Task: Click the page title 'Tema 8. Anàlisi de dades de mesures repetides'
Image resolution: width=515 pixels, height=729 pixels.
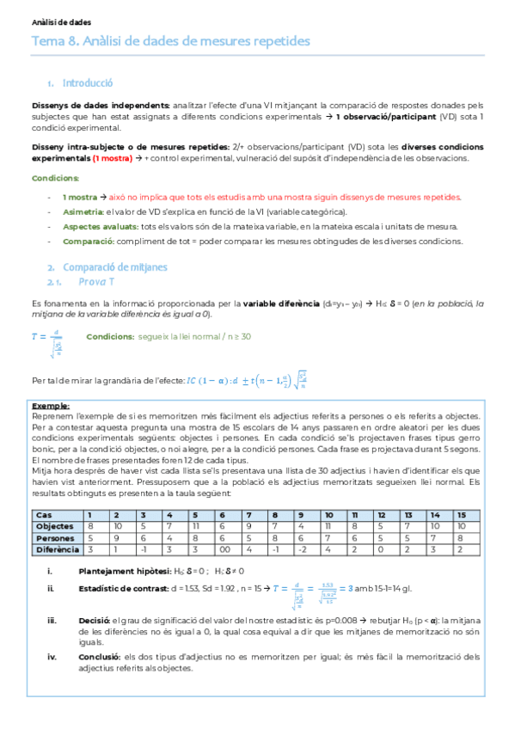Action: [x=170, y=41]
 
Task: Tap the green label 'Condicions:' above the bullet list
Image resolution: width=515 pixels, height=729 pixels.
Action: [x=55, y=178]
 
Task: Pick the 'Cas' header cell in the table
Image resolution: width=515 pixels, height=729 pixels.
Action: [x=41, y=514]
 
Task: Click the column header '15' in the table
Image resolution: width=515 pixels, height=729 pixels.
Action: [x=462, y=514]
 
